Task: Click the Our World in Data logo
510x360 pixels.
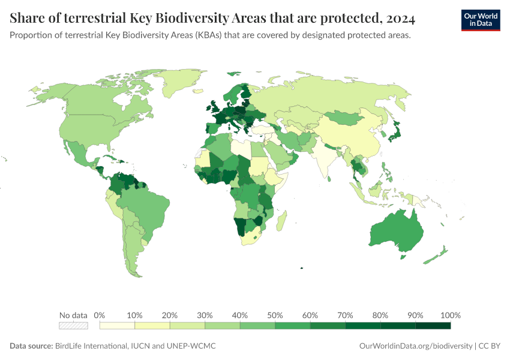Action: point(480,20)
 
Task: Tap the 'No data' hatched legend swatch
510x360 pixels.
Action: point(73,326)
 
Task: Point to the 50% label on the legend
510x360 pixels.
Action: point(275,316)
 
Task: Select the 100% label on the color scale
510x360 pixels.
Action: point(450,316)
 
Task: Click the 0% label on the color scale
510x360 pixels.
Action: point(100,316)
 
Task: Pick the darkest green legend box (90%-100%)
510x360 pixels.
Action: point(433,326)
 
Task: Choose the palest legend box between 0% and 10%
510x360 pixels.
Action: point(117,326)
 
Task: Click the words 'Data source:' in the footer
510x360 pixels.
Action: point(31,346)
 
